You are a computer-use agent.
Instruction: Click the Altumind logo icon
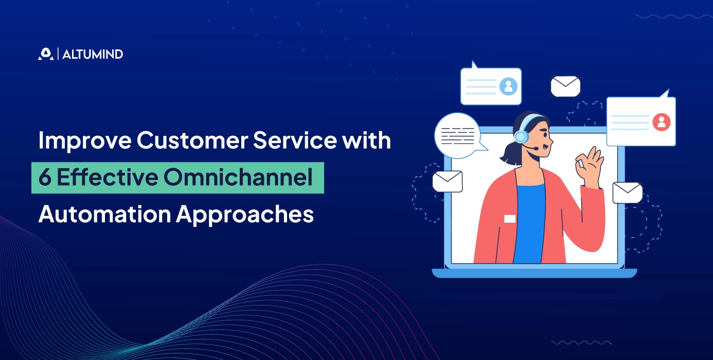coord(45,54)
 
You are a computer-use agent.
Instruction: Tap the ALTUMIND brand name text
coord(93,54)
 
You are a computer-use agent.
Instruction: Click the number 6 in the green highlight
coord(45,178)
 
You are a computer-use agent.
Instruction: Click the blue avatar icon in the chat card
coord(508,86)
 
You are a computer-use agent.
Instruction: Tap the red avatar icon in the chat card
coord(661,122)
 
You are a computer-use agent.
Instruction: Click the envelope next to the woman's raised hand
coord(627,192)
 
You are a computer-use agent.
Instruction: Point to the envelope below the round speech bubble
coord(447,181)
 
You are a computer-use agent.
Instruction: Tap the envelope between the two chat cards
coord(565,86)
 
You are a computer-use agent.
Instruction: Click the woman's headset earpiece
coord(521,137)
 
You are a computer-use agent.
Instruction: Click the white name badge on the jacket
coord(509,219)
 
